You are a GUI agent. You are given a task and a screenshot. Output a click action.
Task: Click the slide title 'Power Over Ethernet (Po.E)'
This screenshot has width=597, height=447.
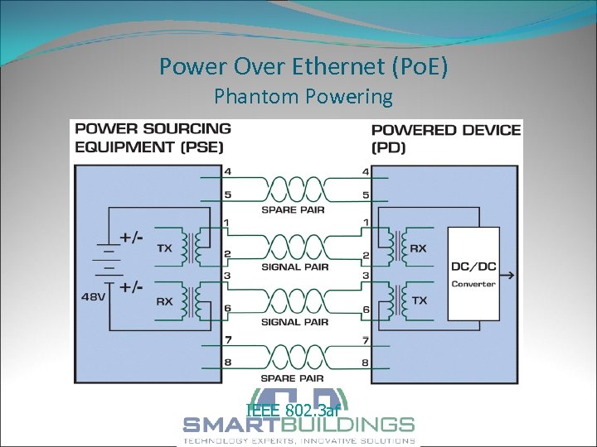click(303, 66)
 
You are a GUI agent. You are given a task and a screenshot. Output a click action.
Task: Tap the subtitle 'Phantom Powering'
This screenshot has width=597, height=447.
click(303, 97)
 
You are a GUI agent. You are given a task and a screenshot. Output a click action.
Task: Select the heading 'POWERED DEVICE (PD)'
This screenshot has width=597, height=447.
click(446, 138)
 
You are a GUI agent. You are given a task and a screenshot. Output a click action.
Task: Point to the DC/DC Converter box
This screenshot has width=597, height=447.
click(473, 274)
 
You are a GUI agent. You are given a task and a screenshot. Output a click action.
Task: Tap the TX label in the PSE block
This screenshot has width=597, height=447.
click(164, 248)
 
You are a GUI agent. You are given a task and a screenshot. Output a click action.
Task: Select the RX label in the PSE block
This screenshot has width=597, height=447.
click(164, 301)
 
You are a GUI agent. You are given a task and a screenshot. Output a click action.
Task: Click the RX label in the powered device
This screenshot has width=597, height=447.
click(418, 248)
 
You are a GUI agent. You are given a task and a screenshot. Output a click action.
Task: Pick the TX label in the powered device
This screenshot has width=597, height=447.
click(420, 300)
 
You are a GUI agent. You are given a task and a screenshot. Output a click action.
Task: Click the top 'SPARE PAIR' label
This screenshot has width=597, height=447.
click(294, 209)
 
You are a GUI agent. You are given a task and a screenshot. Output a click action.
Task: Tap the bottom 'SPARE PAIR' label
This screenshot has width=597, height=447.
click(294, 378)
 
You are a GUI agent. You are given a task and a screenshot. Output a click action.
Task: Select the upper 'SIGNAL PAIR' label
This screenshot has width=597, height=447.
click(295, 267)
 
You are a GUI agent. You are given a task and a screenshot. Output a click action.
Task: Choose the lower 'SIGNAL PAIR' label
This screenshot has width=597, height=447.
click(295, 321)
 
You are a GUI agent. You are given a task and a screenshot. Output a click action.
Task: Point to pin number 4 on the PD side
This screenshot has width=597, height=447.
click(366, 172)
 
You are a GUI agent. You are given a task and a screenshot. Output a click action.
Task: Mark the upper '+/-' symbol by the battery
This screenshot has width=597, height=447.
click(131, 237)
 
